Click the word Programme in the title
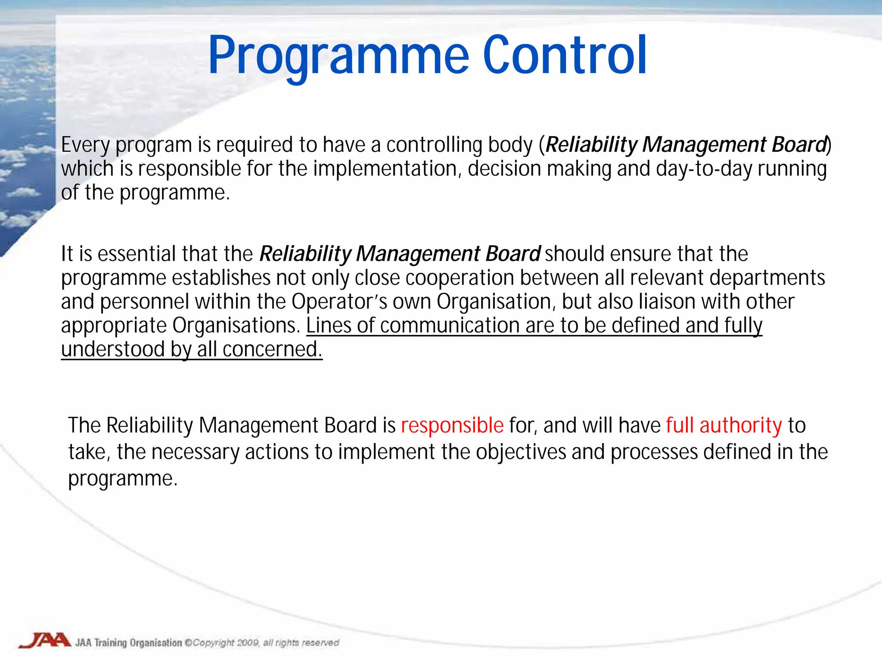338,56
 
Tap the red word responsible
452,425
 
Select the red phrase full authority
724,425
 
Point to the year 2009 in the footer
248,643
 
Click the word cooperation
460,278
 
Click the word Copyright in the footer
213,643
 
